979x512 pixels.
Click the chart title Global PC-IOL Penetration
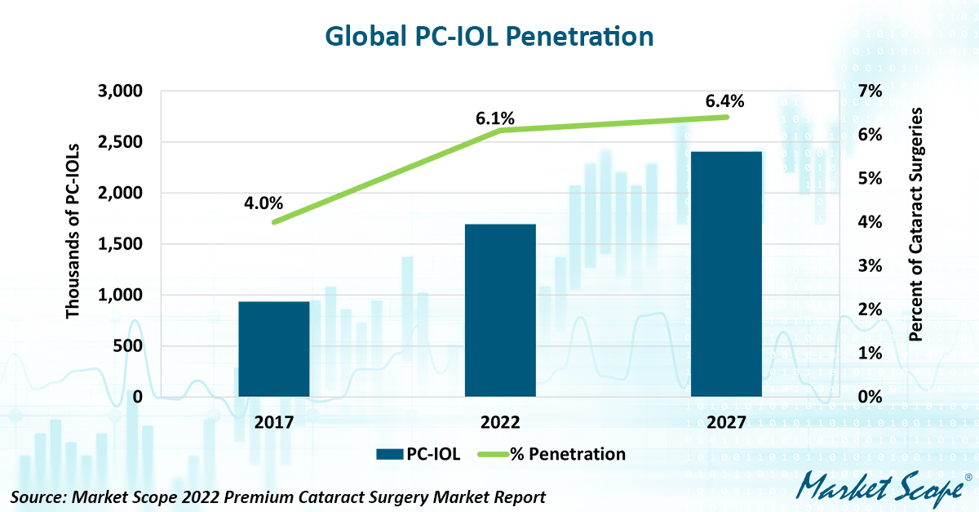489,37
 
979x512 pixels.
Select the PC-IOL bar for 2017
274,349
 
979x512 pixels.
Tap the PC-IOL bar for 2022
500,310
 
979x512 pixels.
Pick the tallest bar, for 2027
726,274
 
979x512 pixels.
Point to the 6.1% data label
496,118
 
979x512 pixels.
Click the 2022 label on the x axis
500,422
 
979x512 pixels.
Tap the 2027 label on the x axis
726,422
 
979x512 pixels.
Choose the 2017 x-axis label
274,422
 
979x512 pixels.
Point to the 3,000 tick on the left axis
120,91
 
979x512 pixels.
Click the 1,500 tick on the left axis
120,244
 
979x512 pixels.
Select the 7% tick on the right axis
871,91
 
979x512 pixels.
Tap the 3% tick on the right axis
871,265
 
